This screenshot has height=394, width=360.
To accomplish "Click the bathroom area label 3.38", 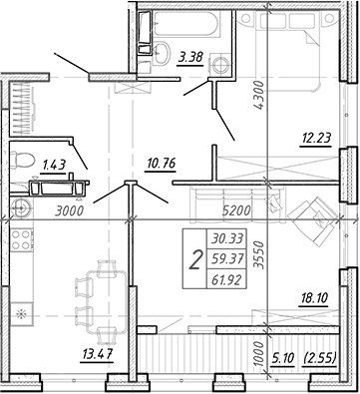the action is point(190,57).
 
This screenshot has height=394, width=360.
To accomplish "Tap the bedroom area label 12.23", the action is point(315,138).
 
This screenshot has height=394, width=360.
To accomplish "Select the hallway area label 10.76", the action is point(160,164).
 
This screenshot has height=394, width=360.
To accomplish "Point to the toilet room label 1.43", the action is point(53,165).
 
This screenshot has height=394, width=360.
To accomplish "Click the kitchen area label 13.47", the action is point(98,353).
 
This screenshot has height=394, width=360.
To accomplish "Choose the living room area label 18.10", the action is point(314,297).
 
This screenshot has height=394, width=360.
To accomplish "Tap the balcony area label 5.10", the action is point(283,358).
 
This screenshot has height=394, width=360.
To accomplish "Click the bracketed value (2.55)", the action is point(320,358).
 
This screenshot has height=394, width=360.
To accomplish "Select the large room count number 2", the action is point(195,261).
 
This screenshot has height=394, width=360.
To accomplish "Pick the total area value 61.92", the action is point(226,281).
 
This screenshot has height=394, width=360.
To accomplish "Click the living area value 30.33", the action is point(226,238).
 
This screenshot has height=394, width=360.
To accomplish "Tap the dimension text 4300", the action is point(258,95).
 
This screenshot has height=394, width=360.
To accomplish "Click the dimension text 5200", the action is point(236,210).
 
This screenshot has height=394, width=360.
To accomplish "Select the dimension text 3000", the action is point(69,211).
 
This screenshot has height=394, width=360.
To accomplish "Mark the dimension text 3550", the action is point(258,255).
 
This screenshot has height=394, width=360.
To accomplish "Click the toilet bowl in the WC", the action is point(23,160).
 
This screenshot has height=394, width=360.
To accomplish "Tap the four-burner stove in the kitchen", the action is point(21,240).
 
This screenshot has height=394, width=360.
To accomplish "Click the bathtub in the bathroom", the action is point(187,23).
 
